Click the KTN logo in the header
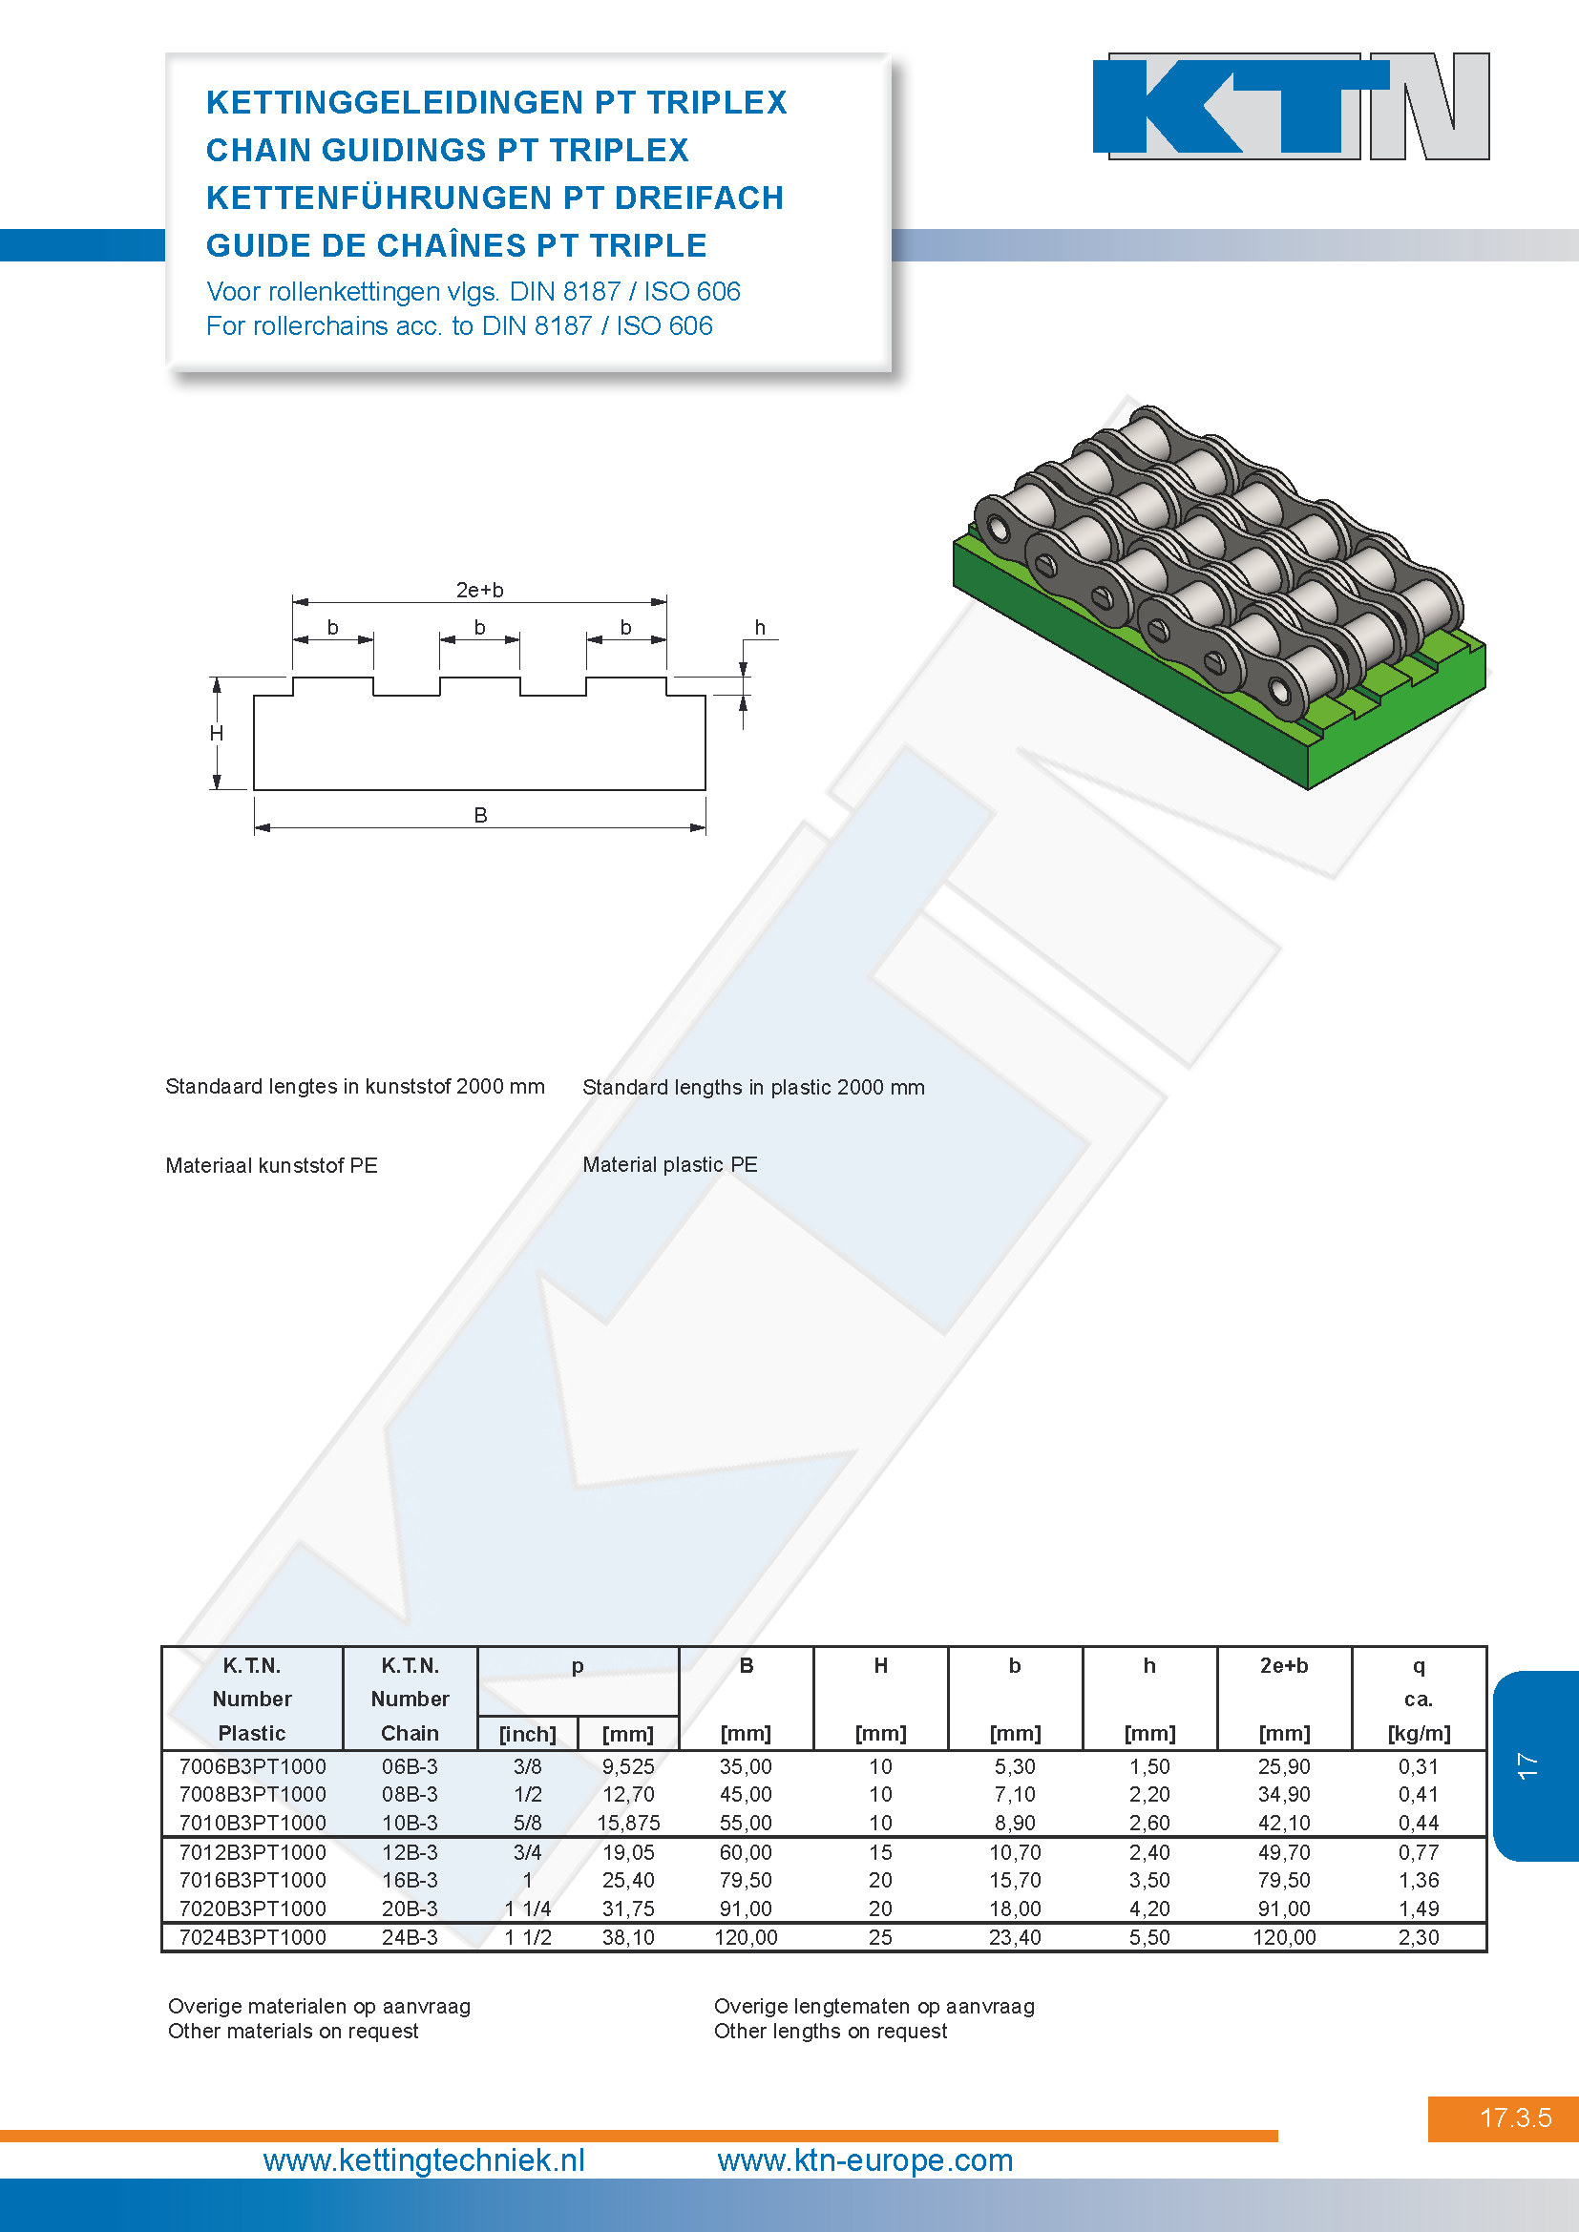click(1292, 106)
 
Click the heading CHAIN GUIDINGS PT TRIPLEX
click(447, 150)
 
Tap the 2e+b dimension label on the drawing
click(479, 589)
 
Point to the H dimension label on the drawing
click(217, 733)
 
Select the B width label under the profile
click(480, 815)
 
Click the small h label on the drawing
click(760, 627)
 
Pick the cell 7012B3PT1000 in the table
click(253, 1852)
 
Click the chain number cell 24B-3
click(410, 1937)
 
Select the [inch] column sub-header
click(528, 1733)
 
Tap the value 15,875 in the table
click(628, 1823)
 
